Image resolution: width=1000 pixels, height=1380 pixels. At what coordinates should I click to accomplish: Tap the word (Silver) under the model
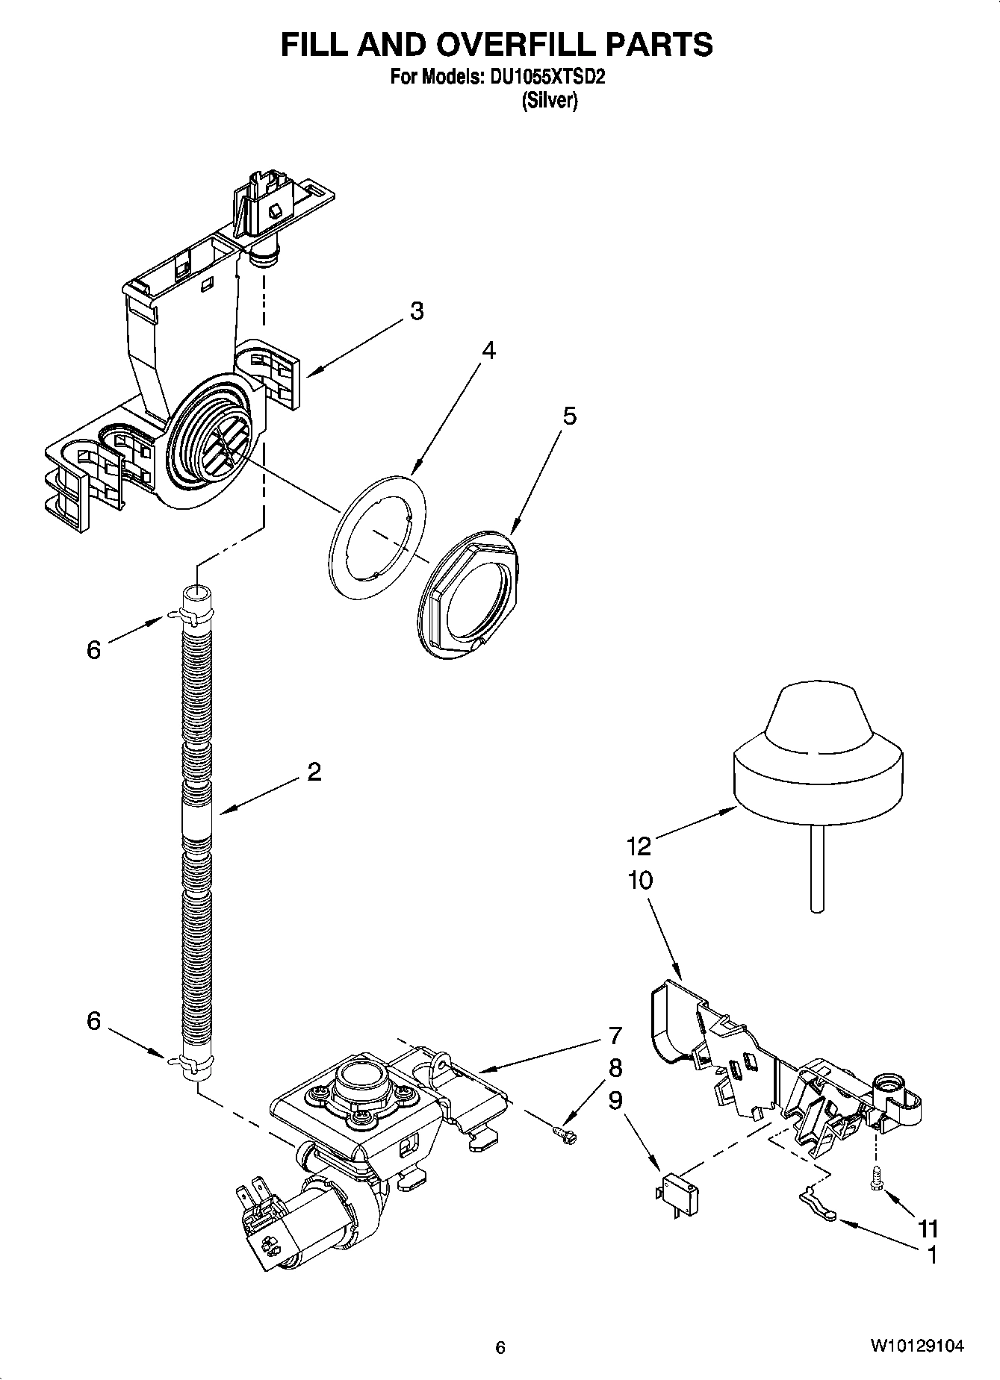tap(549, 102)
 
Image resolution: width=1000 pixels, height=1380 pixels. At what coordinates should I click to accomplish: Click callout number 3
tap(416, 311)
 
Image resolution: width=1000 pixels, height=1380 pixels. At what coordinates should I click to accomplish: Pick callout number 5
tap(569, 416)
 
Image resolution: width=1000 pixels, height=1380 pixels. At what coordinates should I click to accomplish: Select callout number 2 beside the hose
tap(314, 771)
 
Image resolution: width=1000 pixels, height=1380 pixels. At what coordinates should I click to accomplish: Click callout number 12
tap(639, 846)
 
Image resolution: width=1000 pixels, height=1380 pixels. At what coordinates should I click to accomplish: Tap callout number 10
tap(640, 881)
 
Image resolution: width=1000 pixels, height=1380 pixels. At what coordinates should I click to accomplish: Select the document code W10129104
tap(916, 1346)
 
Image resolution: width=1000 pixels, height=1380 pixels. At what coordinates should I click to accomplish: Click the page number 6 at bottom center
tap(500, 1347)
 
